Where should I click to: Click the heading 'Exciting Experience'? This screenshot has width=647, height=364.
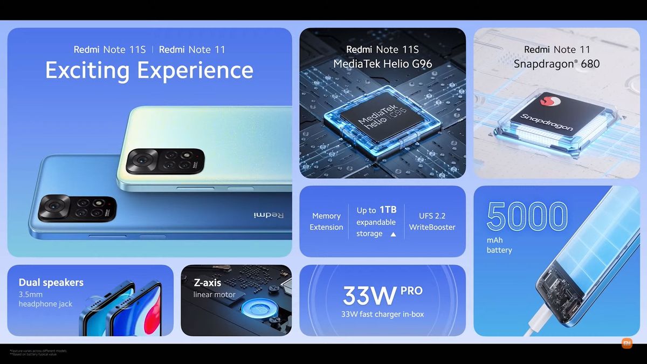pos(149,71)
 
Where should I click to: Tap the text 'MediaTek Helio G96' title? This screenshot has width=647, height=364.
pos(382,64)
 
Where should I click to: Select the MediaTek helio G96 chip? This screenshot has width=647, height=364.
pos(381,118)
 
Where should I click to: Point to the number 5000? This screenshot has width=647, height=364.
pos(527,216)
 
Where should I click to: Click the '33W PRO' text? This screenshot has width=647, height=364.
pos(382,294)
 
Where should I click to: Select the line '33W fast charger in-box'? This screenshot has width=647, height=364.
pos(382,314)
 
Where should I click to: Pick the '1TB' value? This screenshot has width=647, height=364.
pos(387,210)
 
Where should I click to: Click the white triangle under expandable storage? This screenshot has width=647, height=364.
pos(393,234)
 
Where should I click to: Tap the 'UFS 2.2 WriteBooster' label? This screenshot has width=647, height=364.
pos(432,222)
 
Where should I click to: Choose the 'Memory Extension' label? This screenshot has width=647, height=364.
pos(326,222)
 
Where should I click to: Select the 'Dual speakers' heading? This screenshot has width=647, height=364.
pos(51,282)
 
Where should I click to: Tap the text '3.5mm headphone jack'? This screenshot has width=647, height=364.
pos(45,299)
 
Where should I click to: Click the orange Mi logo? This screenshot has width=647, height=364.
pos(627,344)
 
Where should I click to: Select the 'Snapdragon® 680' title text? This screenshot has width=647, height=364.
pos(556,64)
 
